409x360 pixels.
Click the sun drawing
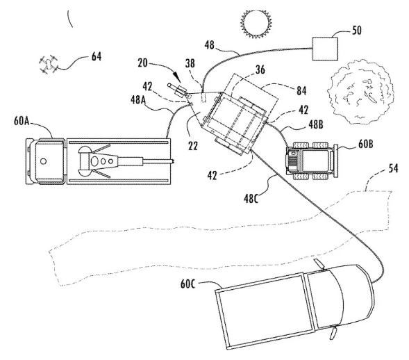tap(256, 23)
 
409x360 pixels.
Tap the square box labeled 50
tap(325, 49)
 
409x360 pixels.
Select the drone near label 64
tap(48, 64)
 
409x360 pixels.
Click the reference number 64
tap(97, 56)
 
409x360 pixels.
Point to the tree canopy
tap(360, 92)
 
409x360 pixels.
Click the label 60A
tap(22, 122)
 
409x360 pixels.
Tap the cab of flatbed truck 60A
tap(46, 161)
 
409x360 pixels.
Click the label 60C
tap(187, 284)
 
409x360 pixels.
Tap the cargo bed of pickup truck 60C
tap(265, 311)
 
